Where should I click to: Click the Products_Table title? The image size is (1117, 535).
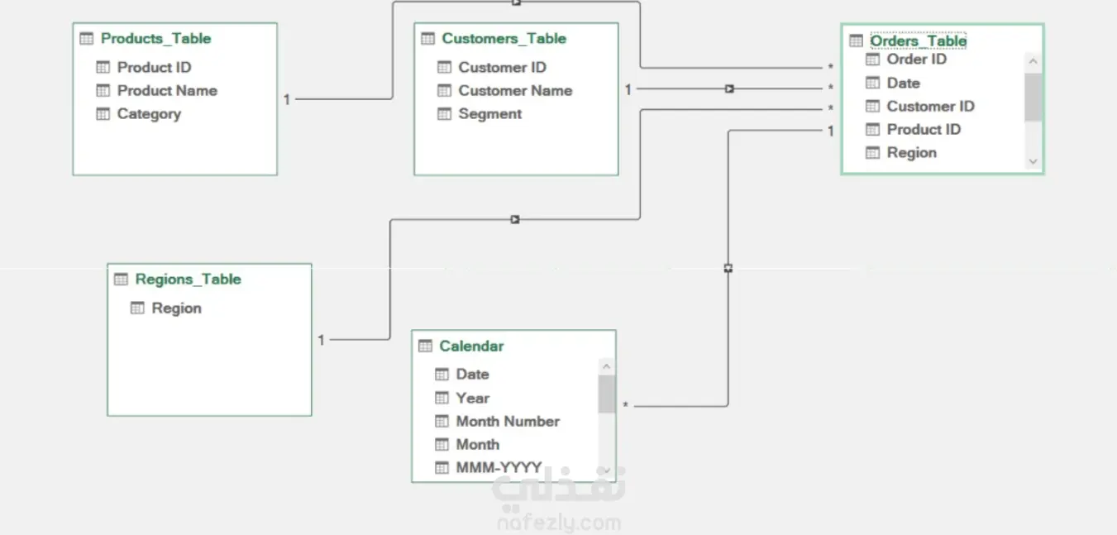point(155,38)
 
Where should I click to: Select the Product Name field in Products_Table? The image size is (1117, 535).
point(167,91)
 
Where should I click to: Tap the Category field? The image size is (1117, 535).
point(149,114)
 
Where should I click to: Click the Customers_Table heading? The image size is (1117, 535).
point(504,38)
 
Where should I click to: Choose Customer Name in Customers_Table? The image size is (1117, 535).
point(515,91)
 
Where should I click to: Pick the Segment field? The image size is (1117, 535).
point(489,114)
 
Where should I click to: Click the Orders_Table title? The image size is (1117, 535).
point(918,41)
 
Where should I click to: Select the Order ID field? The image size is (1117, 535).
point(917,60)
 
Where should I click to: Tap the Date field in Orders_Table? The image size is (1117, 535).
point(903,83)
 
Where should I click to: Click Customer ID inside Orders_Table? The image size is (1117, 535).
point(930,106)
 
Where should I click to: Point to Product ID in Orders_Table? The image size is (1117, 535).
point(924,130)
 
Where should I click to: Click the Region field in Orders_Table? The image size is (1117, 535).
point(912,153)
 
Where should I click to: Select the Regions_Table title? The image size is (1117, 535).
point(188,279)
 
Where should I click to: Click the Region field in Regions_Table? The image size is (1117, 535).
point(177,308)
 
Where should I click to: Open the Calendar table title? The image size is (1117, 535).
point(471,346)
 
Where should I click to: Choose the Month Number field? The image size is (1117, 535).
point(508,422)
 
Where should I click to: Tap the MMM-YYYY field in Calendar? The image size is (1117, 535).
point(499,468)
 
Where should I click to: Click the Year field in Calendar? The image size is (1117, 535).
point(473,398)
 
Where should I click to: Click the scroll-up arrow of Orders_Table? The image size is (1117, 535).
point(1033,62)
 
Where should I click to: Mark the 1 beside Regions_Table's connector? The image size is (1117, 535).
point(321,340)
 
